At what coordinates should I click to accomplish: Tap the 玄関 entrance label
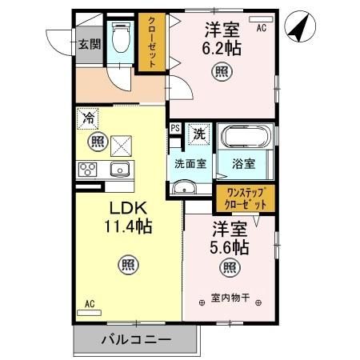point(89,44)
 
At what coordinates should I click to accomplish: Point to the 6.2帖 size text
point(224,47)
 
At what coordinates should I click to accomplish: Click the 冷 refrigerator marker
point(89,120)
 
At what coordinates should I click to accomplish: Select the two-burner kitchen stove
point(86,170)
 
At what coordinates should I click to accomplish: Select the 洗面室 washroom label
point(191,164)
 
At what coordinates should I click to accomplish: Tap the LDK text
point(127,209)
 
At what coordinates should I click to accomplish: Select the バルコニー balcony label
point(135,339)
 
